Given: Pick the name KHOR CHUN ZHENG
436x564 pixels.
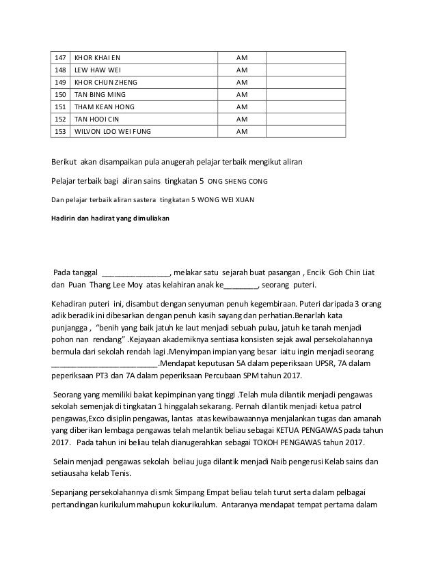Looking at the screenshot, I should point(104,82).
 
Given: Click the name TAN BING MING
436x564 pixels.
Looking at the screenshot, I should point(100,94).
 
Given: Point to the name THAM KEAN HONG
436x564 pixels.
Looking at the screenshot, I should point(104,107).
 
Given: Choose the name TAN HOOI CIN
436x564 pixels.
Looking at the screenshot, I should point(97,119).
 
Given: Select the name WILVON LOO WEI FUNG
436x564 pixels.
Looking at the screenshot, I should point(113,132).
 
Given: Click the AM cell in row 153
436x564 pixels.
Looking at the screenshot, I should point(241,132).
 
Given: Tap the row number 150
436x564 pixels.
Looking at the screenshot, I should point(60,94).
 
